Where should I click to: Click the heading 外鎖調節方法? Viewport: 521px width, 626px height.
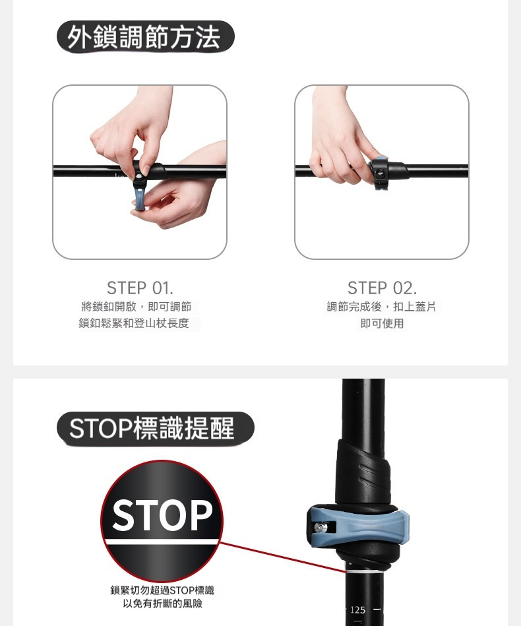pyautogui.click(x=144, y=37)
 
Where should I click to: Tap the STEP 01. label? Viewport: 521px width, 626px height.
pyautogui.click(x=140, y=288)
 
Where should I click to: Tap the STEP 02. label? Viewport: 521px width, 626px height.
pyautogui.click(x=382, y=288)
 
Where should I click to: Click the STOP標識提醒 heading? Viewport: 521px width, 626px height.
pyautogui.click(x=152, y=428)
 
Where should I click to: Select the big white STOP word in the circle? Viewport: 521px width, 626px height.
pyautogui.click(x=162, y=515)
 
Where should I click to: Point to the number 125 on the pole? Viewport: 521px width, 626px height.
pyautogui.click(x=357, y=610)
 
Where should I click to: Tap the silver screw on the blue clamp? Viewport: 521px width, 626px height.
pyautogui.click(x=321, y=528)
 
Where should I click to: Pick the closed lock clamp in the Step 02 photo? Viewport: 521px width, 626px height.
pyautogui.click(x=386, y=172)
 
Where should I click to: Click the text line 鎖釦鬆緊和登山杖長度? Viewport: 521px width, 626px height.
pyautogui.click(x=134, y=323)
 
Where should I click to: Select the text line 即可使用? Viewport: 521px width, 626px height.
pyautogui.click(x=382, y=323)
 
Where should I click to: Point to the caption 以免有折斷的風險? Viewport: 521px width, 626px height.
pyautogui.click(x=162, y=604)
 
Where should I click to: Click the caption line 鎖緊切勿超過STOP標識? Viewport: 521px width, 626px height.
pyautogui.click(x=162, y=590)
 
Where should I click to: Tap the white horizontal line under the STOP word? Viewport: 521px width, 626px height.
pyautogui.click(x=162, y=542)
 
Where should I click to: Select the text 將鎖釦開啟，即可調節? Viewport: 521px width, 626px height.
pyautogui.click(x=136, y=307)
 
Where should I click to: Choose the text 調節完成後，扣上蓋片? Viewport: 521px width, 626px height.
pyautogui.click(x=381, y=307)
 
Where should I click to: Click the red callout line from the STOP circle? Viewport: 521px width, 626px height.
pyautogui.click(x=283, y=557)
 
